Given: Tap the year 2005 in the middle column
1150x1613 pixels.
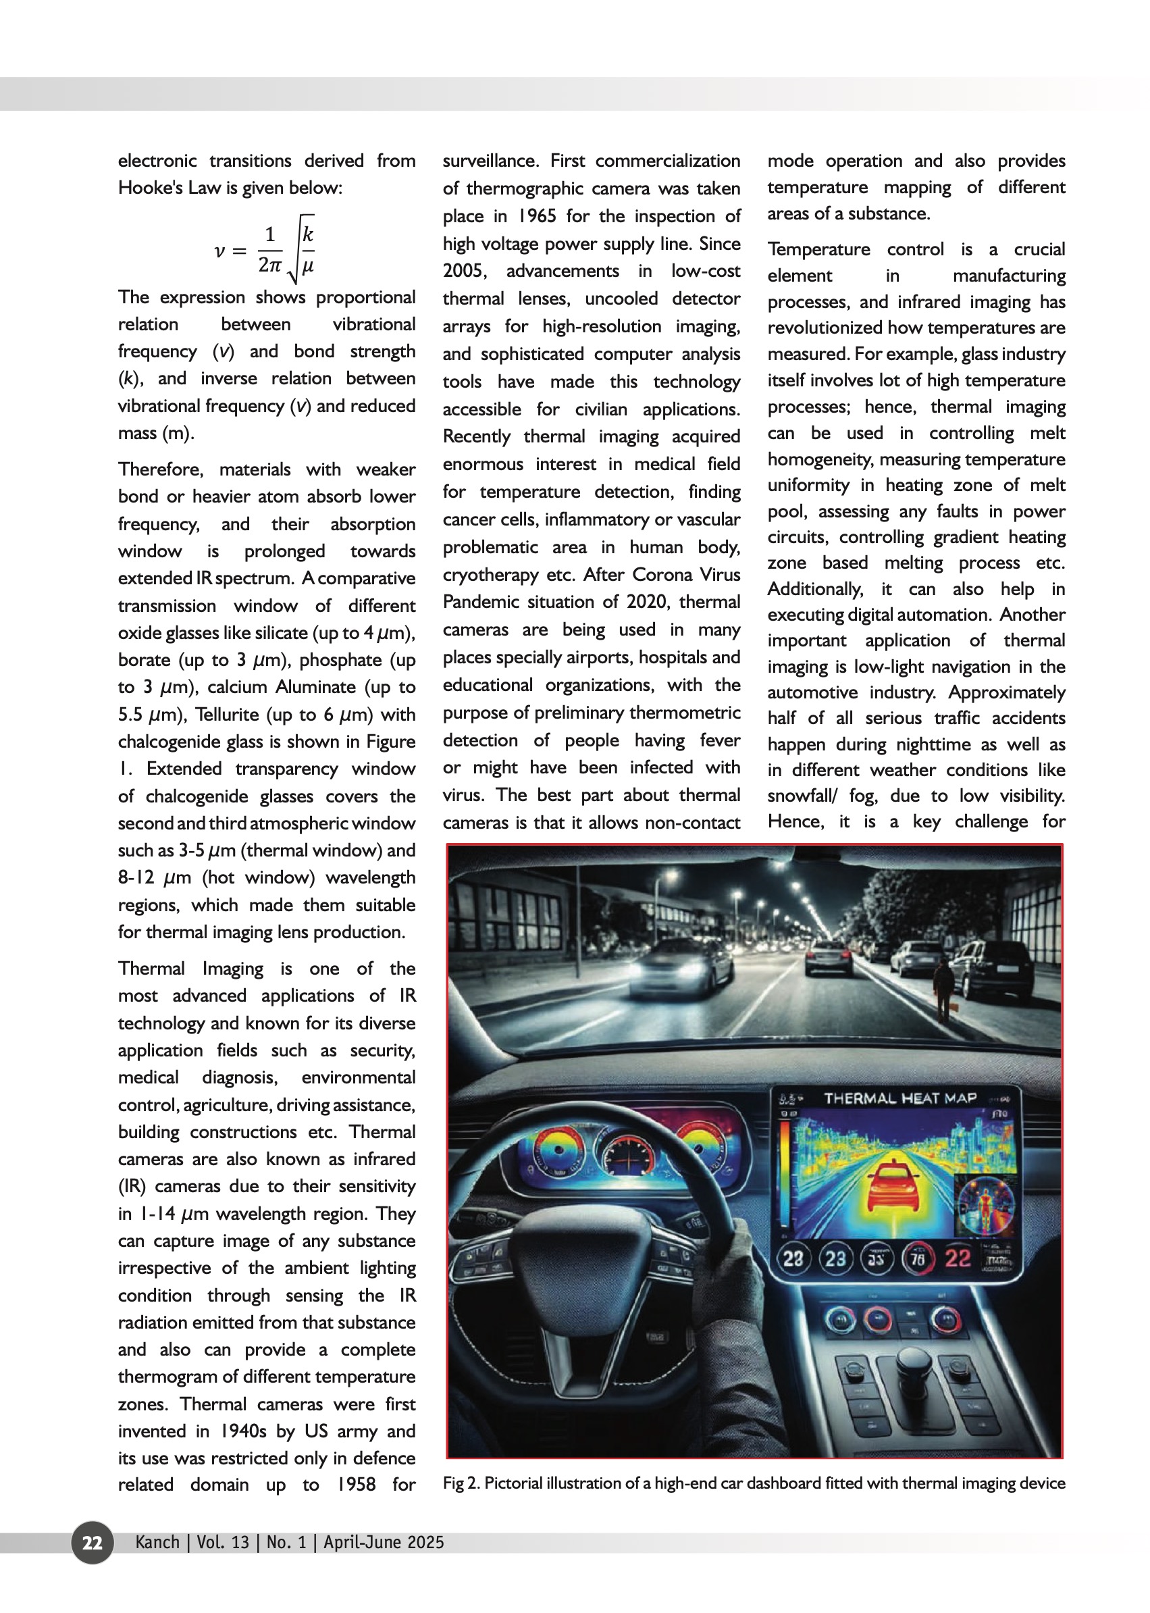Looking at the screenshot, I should [464, 272].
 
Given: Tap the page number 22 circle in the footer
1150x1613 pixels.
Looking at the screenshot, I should [92, 1542].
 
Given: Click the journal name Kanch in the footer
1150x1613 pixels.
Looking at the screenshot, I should [157, 1542].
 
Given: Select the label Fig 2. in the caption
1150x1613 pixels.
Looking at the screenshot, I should [461, 1483].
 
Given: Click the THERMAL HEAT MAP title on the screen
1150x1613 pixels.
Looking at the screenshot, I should [899, 1098].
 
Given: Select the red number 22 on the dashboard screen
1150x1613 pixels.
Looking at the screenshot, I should [958, 1258].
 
